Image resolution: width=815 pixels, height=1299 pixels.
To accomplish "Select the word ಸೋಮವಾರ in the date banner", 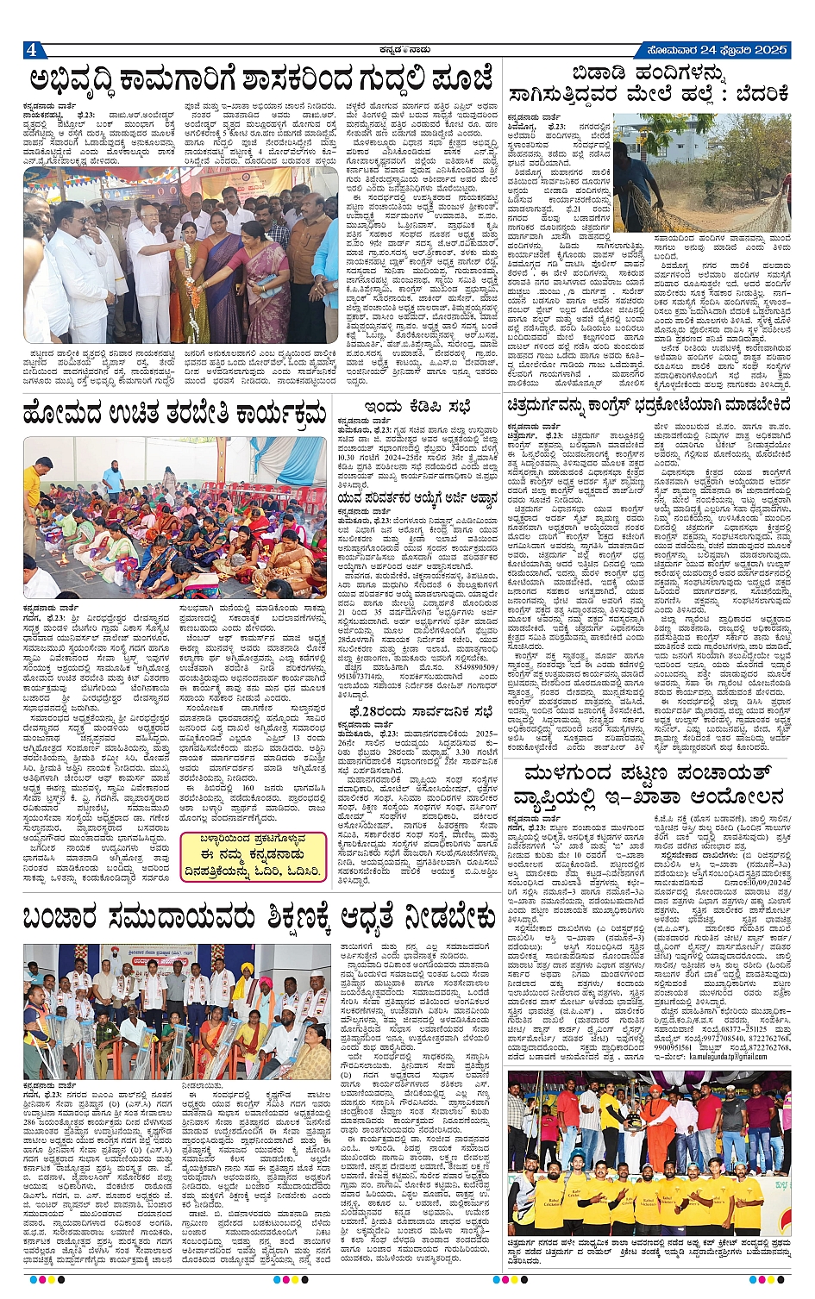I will pyautogui.click(x=655, y=49).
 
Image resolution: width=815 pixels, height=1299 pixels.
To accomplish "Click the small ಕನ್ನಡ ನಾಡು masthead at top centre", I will pyautogui.click(x=404, y=49).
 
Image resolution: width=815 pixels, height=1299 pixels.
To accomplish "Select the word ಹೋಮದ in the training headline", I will pyautogui.click(x=69, y=412).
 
